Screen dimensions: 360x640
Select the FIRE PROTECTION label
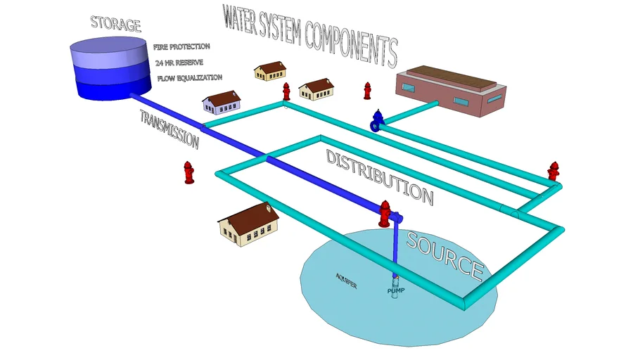click(181, 46)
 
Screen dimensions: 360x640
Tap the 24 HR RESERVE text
click(179, 62)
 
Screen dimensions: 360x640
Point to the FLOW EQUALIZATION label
click(180, 77)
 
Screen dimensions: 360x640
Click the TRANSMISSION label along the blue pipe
click(169, 129)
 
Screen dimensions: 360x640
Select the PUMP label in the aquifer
click(396, 290)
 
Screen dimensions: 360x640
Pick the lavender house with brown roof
click(221, 103)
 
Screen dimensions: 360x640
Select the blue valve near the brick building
click(378, 120)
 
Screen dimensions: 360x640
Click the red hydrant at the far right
click(553, 171)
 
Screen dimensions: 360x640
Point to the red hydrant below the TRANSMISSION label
click(188, 172)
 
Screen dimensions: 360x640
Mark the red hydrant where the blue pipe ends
click(384, 213)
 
